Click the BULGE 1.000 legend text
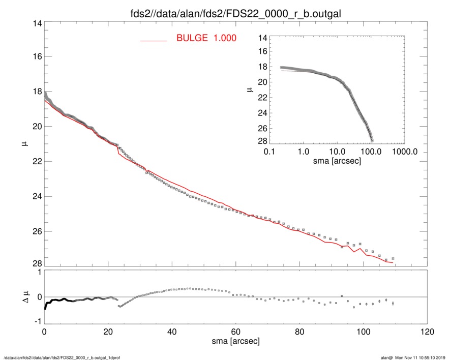(206, 38)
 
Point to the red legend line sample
(154, 41)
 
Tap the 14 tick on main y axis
(37, 24)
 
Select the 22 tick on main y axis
(37, 161)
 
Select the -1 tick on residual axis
(36, 322)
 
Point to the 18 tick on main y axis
(37, 92)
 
